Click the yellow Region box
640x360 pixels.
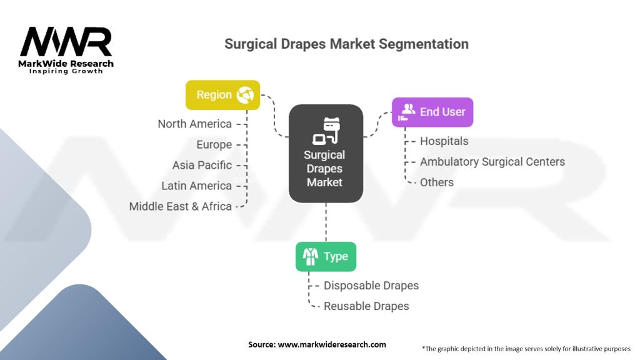click(x=222, y=95)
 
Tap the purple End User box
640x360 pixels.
click(x=432, y=112)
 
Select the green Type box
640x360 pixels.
click(x=326, y=256)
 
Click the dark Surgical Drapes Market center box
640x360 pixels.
click(x=326, y=153)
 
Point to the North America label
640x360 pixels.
click(x=195, y=124)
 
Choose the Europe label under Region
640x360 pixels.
click(x=214, y=144)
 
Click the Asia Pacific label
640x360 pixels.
click(x=202, y=165)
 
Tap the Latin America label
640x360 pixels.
click(x=196, y=186)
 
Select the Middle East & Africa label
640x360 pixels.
click(x=181, y=206)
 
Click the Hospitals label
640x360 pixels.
click(x=444, y=141)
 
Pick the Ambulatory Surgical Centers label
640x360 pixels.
click(x=492, y=162)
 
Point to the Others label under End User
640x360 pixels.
click(x=437, y=182)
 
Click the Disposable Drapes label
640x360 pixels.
click(x=371, y=285)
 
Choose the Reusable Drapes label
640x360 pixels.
click(x=366, y=306)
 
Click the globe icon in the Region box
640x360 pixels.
click(x=245, y=95)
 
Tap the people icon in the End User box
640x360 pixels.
click(x=407, y=112)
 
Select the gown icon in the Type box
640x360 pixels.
click(x=310, y=256)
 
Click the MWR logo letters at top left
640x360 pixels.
click(x=66, y=42)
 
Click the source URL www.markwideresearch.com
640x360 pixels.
click(x=332, y=344)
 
